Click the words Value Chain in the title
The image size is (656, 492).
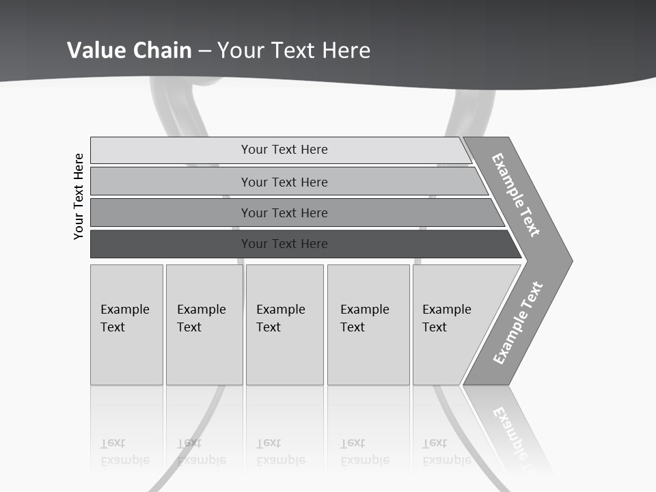point(129,51)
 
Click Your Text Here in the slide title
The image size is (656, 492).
point(294,51)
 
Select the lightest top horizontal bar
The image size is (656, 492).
point(171,150)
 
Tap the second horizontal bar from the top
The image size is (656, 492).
point(171,182)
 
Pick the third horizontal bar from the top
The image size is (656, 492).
point(171,213)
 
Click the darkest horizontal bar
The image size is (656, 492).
point(171,244)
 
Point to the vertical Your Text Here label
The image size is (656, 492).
point(79,196)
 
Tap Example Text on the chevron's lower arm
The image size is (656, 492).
point(517,323)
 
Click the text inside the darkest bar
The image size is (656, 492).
point(284,244)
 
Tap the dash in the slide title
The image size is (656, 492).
point(204,51)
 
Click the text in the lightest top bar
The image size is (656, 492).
point(284,150)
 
